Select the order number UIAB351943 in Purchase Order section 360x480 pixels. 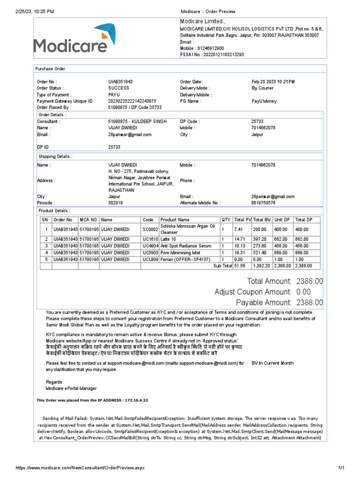coord(120,82)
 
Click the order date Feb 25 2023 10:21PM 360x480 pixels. coord(273,82)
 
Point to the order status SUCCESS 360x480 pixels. coord(119,88)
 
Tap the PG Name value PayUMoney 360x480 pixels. coord(264,101)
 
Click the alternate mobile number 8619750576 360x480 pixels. coord(263,203)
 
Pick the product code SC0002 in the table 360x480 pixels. coord(150,229)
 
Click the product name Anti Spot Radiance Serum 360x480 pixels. coord(186,246)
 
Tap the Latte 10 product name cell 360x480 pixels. coord(168,239)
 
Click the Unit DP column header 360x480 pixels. coord(282,219)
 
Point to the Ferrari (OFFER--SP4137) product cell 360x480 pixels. coord(186,259)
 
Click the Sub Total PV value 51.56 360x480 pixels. coord(240,266)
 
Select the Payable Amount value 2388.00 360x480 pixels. coord(309,302)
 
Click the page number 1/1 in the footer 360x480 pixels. coord(341,468)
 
